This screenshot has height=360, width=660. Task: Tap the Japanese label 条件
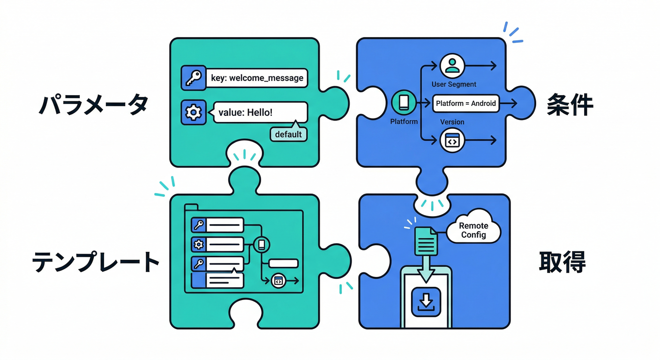pyautogui.click(x=570, y=106)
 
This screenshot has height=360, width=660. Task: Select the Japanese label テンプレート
pyautogui.click(x=96, y=262)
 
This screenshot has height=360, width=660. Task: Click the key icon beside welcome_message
pyautogui.click(x=193, y=78)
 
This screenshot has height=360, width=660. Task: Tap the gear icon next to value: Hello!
pyautogui.click(x=193, y=112)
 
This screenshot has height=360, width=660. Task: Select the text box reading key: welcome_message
pyautogui.click(x=257, y=78)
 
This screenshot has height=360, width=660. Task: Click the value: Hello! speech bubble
pyautogui.click(x=261, y=112)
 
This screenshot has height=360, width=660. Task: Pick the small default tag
pyautogui.click(x=288, y=135)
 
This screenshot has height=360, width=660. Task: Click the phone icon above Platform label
pyautogui.click(x=404, y=103)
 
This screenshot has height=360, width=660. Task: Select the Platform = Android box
pyautogui.click(x=465, y=103)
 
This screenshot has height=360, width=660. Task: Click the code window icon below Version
pyautogui.click(x=452, y=140)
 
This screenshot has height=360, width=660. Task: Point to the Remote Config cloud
pyautogui.click(x=473, y=229)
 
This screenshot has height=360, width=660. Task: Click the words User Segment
pyautogui.click(x=454, y=84)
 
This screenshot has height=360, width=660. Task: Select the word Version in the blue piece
pyautogui.click(x=452, y=122)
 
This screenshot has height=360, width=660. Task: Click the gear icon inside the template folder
pyautogui.click(x=199, y=244)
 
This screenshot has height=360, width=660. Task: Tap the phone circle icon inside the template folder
pyautogui.click(x=262, y=244)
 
